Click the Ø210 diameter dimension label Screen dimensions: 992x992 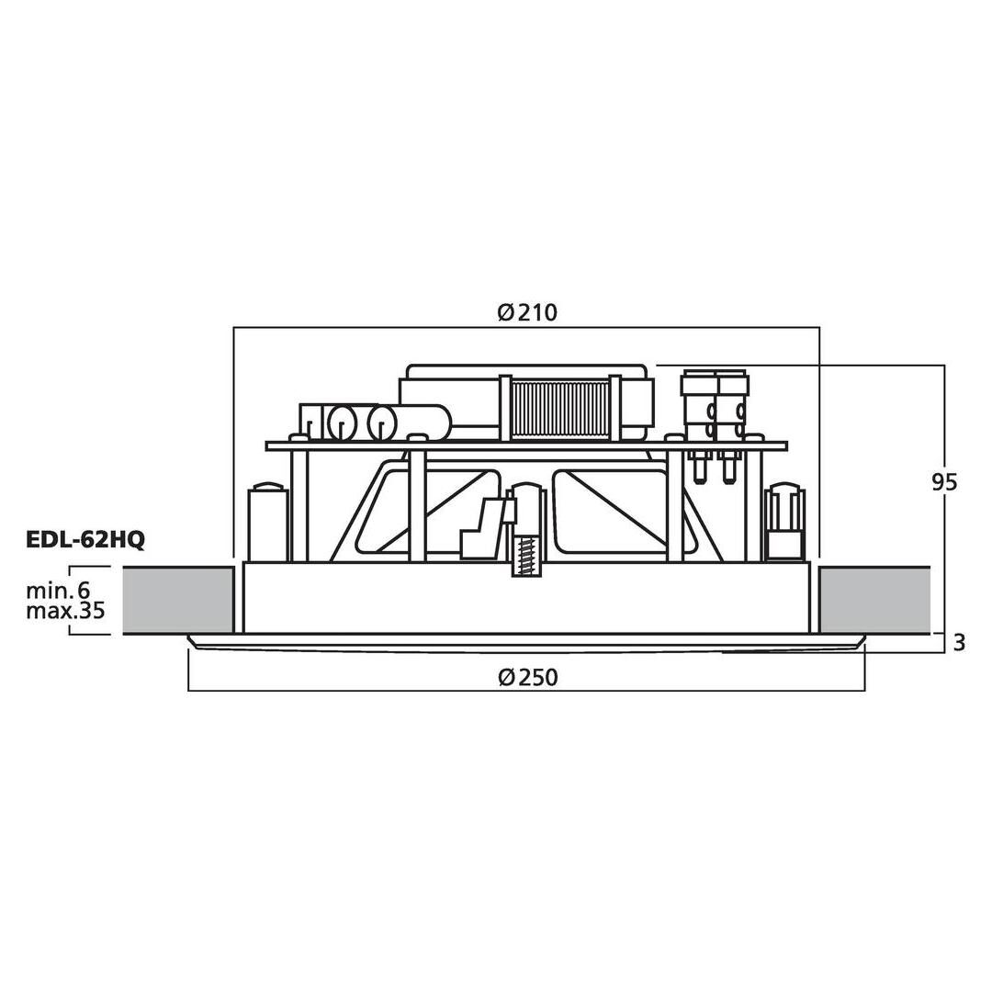(527, 312)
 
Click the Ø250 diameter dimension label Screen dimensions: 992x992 (527, 678)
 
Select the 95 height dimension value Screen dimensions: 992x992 (944, 483)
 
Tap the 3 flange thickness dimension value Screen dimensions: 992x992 (959, 643)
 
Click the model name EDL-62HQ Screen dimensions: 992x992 (85, 540)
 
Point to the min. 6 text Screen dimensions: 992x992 (58, 591)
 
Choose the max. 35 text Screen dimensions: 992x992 (65, 611)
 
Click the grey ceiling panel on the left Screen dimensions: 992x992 (178, 600)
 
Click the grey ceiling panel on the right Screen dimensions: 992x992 (875, 600)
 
